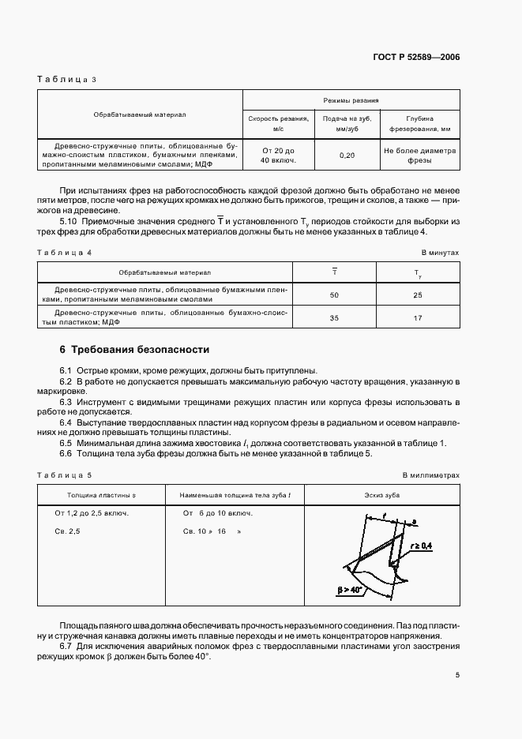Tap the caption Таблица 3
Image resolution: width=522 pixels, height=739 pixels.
click(66, 80)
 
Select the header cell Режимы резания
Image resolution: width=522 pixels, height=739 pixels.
click(351, 101)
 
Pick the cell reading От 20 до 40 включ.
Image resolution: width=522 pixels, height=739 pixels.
click(278, 155)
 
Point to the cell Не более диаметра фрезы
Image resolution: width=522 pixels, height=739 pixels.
click(419, 155)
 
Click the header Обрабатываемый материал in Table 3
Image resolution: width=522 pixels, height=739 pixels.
click(140, 114)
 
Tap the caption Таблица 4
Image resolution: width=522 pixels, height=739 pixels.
click(66, 252)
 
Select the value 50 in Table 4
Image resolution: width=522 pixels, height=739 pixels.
click(334, 295)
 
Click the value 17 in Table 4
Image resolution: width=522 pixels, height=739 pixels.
click(418, 317)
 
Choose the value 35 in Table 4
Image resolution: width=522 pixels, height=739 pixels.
click(334, 317)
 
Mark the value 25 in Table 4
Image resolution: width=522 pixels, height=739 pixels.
click(418, 295)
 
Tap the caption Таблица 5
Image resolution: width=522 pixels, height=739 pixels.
click(66, 475)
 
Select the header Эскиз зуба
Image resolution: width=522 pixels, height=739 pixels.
click(383, 494)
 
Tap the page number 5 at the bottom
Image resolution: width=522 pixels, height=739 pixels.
click(457, 675)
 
